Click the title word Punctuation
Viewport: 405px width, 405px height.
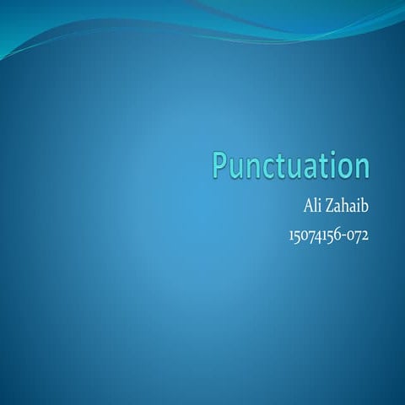pyautogui.click(x=290, y=166)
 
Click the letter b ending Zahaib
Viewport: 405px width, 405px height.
pyautogui.click(x=365, y=206)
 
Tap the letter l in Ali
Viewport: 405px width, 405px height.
pyautogui.click(x=314, y=206)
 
